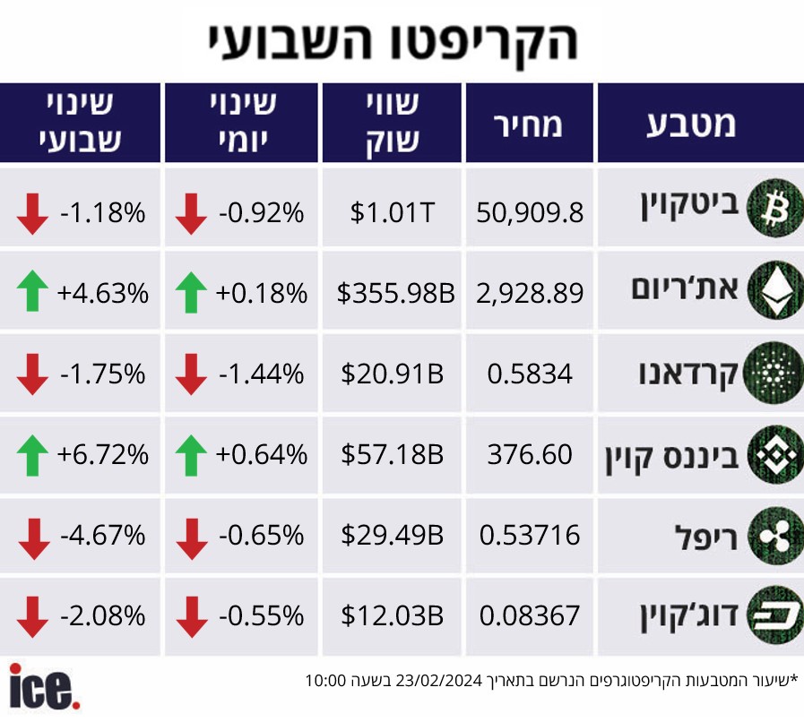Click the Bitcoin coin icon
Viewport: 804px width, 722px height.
click(x=774, y=208)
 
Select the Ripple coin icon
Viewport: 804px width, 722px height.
click(x=774, y=536)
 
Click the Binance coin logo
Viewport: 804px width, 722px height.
click(x=774, y=454)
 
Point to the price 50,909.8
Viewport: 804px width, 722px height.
click(x=530, y=212)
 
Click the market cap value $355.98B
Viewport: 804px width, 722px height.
click(x=395, y=293)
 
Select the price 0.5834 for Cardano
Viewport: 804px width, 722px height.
click(x=530, y=374)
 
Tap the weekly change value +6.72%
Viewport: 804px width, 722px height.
click(x=102, y=454)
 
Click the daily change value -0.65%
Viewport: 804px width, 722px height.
click(x=261, y=535)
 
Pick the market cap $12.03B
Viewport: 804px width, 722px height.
click(x=393, y=615)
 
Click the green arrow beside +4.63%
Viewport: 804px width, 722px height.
click(x=32, y=290)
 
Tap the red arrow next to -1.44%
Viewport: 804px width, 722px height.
click(x=191, y=374)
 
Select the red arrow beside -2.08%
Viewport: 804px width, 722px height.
click(x=32, y=617)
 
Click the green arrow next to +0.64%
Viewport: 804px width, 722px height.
click(x=191, y=456)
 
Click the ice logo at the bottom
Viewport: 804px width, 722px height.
click(x=44, y=687)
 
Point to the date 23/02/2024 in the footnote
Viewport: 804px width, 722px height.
click(x=439, y=681)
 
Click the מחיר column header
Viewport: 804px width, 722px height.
click(x=528, y=125)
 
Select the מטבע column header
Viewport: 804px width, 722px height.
click(x=691, y=125)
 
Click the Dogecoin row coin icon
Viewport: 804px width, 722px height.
click(x=774, y=615)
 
